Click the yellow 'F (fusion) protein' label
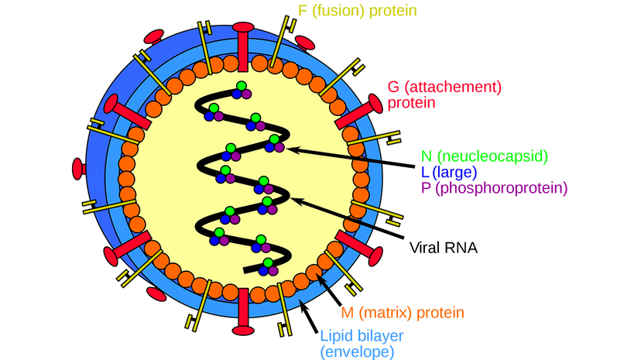pos(357,11)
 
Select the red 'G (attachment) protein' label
pos(444,94)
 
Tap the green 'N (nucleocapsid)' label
pos(484,156)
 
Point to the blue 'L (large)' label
pos(448,171)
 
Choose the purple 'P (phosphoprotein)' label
pos(493,187)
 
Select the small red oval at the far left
pos(77,168)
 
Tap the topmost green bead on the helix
pos(242,85)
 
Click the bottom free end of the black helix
pos(246,270)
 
